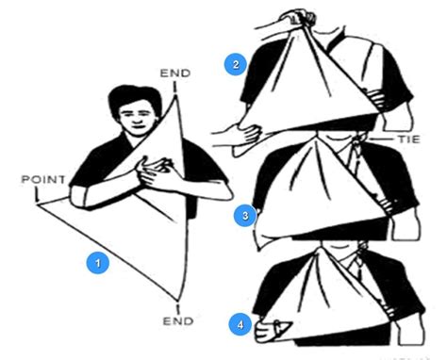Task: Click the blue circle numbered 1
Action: (x=94, y=263)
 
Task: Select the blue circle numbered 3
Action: (x=245, y=216)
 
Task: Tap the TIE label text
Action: (x=407, y=139)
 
